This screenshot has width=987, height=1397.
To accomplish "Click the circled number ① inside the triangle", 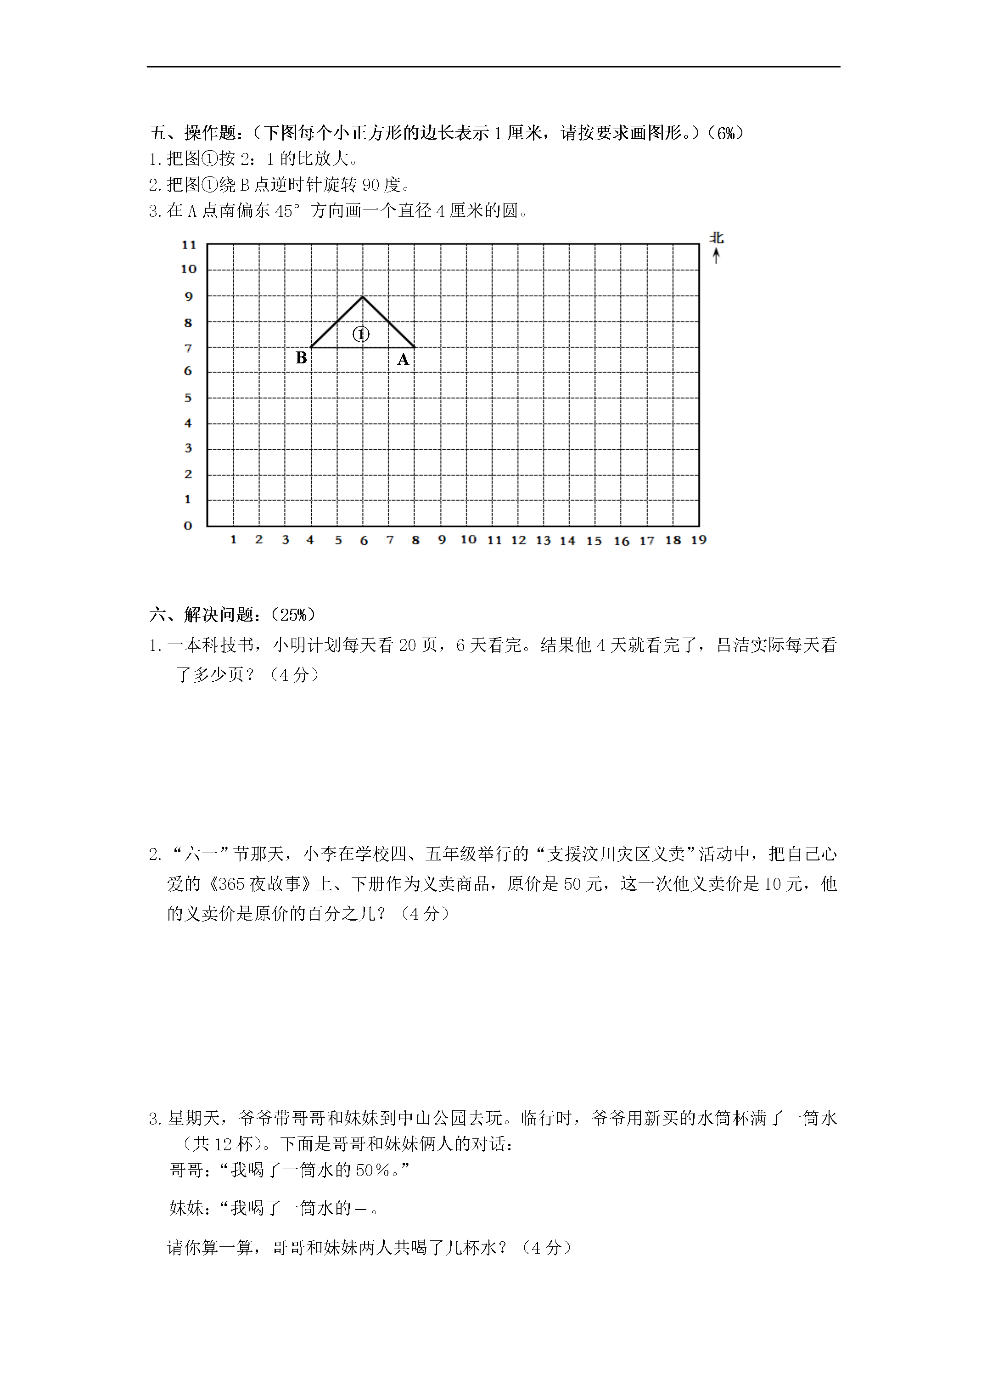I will point(361,334).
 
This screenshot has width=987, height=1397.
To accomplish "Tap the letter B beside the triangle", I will point(301,358).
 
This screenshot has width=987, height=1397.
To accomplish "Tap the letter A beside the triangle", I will point(403,360).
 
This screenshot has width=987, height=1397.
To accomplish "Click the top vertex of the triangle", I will point(363,297).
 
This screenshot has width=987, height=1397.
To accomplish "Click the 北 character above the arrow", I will point(717,238).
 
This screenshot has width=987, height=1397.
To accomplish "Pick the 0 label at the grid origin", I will point(188,526).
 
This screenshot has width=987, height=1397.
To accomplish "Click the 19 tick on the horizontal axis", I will point(699,540).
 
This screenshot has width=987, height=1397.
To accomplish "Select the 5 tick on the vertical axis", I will point(188,398).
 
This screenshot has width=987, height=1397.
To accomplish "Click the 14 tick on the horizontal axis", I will point(567,540).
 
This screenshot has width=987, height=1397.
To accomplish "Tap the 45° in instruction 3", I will point(288,211).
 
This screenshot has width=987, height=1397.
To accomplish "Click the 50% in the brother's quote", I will point(373,1170).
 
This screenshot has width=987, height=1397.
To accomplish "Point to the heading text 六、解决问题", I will point(201,615).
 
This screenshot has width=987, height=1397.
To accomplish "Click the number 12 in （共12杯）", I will point(223,1144).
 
